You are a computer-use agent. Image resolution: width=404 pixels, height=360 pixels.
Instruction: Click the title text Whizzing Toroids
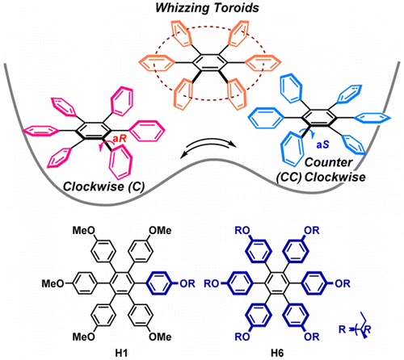click(x=203, y=10)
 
